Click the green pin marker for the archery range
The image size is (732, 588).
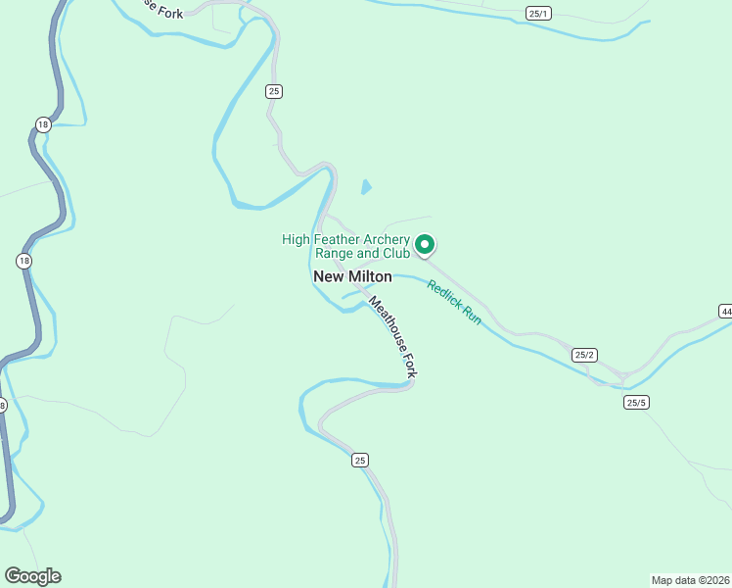point(425,244)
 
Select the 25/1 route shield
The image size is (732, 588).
point(539,13)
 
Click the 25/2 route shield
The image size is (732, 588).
point(584,355)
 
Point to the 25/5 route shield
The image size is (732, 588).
point(637,402)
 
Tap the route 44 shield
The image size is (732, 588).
point(725,311)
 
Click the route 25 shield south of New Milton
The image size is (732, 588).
point(360,460)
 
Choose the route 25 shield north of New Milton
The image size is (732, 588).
point(274,91)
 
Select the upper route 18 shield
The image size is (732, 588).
point(42,124)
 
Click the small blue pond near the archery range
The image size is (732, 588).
point(366,186)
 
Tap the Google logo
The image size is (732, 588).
point(32,576)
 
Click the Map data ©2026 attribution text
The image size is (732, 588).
point(691,579)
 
